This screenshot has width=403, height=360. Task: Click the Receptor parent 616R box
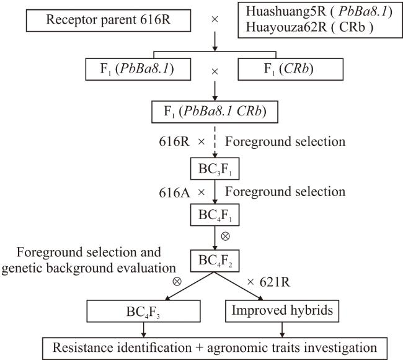[x=108, y=20]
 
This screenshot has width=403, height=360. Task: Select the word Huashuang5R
[x=286, y=12]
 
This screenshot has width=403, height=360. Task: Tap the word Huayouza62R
[x=286, y=27]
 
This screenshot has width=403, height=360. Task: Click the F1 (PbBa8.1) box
[x=138, y=70]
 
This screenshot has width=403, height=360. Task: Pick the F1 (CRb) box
[x=290, y=70]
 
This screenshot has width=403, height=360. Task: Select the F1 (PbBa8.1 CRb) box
[x=215, y=112]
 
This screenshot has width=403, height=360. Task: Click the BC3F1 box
[x=215, y=169]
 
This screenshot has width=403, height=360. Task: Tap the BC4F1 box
[x=215, y=215]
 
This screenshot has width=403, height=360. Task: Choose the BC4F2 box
[x=215, y=261]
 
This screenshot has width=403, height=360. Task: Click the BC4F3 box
[x=143, y=311]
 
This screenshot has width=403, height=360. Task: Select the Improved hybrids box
[x=282, y=311]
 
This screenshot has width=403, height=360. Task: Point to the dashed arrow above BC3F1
[x=215, y=142]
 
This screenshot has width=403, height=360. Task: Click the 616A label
[x=174, y=193]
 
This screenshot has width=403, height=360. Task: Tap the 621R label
[x=275, y=282]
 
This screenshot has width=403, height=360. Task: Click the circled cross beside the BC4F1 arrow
[x=226, y=236]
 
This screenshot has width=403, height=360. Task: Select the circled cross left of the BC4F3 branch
[x=177, y=281]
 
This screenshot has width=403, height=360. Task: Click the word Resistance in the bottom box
[x=83, y=348]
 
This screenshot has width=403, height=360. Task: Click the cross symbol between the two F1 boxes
[x=215, y=71]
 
